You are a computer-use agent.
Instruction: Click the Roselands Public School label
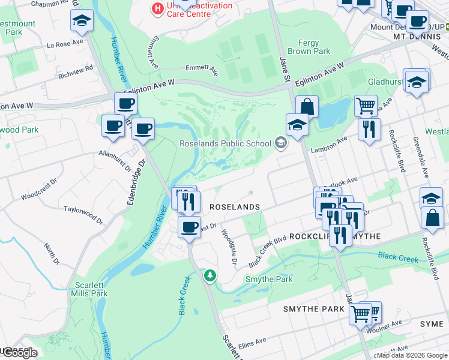pos(225,143)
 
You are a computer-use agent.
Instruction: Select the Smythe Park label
pos(268,280)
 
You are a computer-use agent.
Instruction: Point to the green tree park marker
pos(210,276)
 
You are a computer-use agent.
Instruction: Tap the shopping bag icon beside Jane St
pos(307,107)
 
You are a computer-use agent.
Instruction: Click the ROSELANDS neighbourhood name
pos(234,206)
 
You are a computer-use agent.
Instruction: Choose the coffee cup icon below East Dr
pos(189,227)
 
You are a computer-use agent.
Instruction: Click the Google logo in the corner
pos(19,353)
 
